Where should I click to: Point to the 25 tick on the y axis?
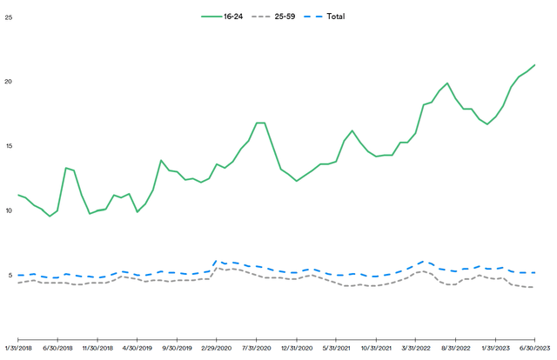[x=9, y=17]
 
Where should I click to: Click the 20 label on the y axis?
[x=9, y=82]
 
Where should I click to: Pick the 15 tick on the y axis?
[x=9, y=146]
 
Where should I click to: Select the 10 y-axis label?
[x=9, y=210]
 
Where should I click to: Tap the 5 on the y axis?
[x=9, y=276]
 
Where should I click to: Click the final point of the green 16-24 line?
[x=534, y=65]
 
